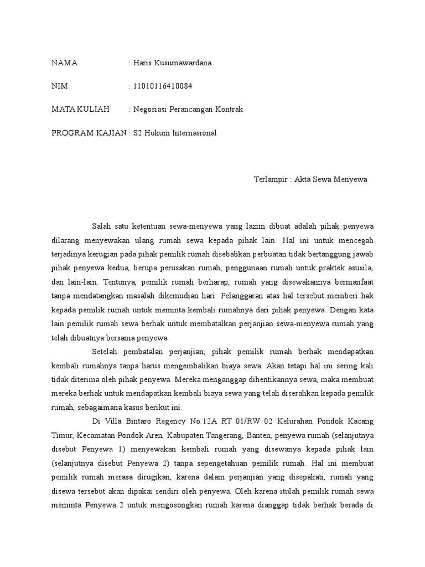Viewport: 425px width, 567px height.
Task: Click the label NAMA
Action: [64, 63]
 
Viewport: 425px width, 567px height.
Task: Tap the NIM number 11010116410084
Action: [163, 86]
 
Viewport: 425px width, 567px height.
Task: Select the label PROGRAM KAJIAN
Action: [89, 133]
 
